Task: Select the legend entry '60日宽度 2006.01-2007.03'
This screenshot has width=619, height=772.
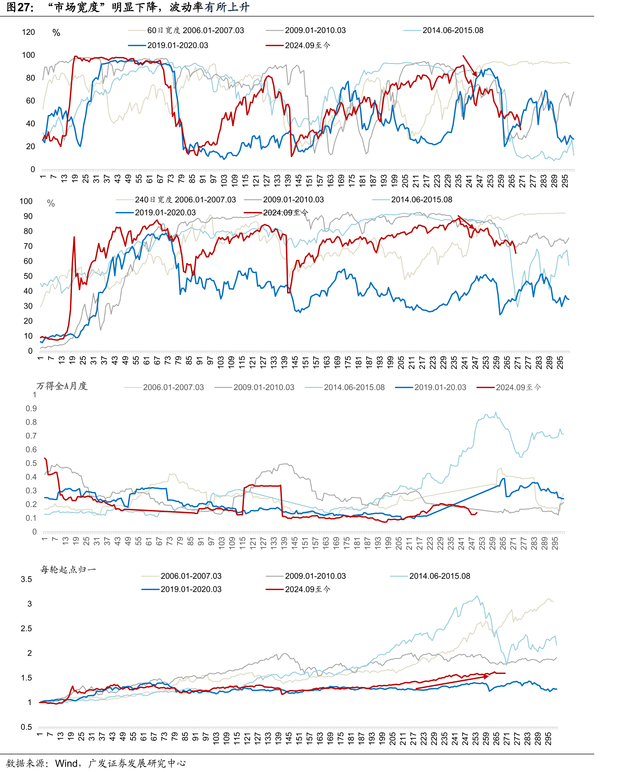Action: tap(186, 30)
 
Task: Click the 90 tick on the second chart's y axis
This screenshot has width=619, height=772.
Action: tap(28, 216)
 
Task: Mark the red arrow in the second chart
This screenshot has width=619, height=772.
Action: tap(466, 222)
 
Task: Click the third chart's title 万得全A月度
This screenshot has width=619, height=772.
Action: tap(62, 386)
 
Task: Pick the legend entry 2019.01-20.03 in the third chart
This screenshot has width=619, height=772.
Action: tap(431, 387)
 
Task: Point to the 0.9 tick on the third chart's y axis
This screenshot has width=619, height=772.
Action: tap(31, 409)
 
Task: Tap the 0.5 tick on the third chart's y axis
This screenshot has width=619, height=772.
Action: tap(31, 463)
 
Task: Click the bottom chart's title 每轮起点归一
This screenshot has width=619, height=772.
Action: tap(68, 569)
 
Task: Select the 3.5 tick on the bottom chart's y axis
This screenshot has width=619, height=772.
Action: tap(26, 579)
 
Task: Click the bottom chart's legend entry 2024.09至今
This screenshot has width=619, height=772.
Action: tap(298, 589)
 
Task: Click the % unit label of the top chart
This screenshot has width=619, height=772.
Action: tap(56, 33)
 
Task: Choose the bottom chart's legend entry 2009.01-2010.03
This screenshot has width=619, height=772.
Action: tap(306, 576)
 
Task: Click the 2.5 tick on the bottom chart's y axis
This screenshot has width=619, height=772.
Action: tap(26, 628)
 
